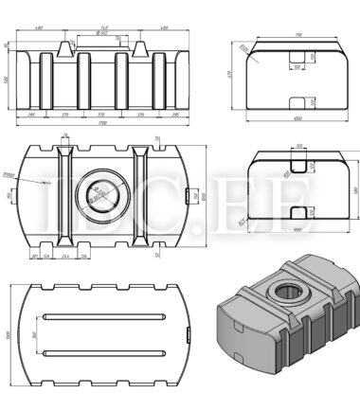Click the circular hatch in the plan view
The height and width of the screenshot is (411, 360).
pyautogui.click(x=99, y=196)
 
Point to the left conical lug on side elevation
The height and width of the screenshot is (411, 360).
pyautogui.click(x=67, y=46)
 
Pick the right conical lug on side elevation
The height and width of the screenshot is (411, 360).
pyautogui.click(x=138, y=46)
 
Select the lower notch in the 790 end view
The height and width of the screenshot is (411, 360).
pyautogui.click(x=297, y=101)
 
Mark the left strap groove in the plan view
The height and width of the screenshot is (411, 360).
pyautogui.click(x=65, y=196)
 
